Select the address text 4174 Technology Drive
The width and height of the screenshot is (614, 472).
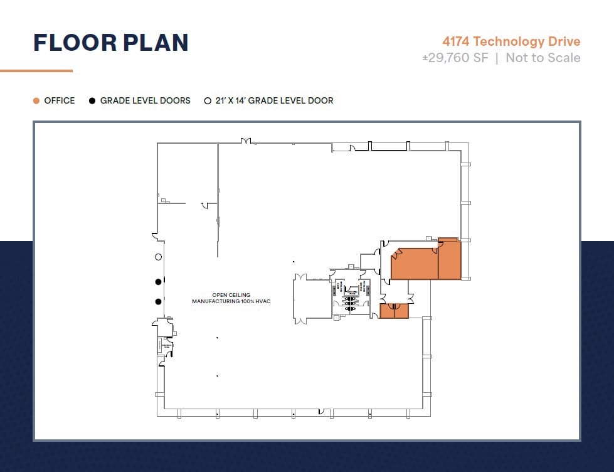point(511,41)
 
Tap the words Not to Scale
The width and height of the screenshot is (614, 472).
point(543,58)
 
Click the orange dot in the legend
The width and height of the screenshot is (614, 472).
point(36,100)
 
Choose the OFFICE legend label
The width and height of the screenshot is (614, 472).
point(59,100)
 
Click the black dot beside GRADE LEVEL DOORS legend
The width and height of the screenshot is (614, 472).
point(92,100)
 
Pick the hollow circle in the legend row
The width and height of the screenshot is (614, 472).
point(208,100)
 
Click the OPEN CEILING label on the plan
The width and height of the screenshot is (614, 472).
point(231,295)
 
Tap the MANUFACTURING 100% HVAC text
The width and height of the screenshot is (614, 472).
point(231,302)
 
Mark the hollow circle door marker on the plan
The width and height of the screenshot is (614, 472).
point(158,257)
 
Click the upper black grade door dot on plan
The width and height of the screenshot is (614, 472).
point(158,281)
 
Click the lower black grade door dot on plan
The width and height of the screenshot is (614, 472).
point(158,302)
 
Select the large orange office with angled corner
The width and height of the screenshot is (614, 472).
point(415,264)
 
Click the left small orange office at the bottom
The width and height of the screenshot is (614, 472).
point(386,311)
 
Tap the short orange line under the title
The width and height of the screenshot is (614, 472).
point(36,71)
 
